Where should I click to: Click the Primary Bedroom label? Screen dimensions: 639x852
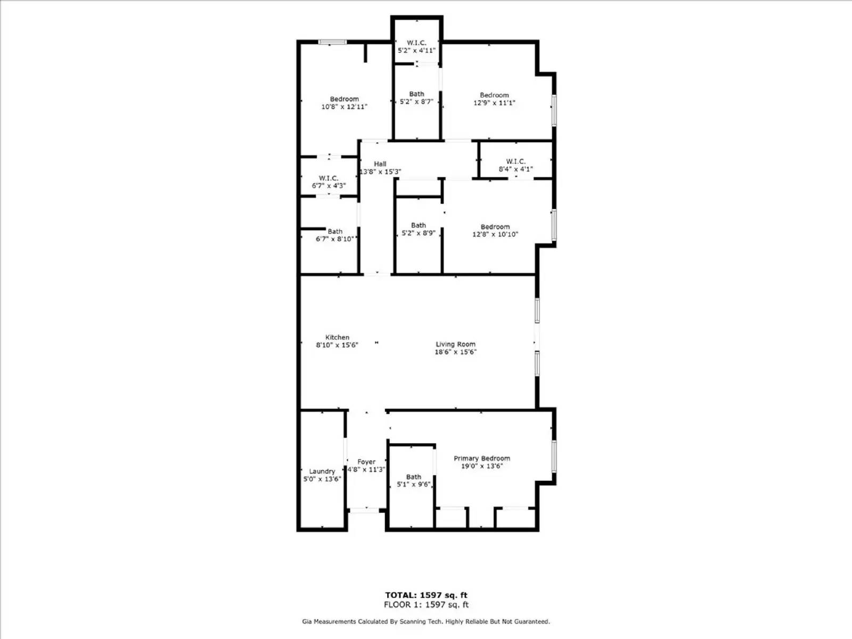pyautogui.click(x=481, y=458)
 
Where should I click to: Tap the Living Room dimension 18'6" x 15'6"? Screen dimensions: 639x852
pyautogui.click(x=455, y=352)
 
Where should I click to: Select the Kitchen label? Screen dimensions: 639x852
pyautogui.click(x=337, y=337)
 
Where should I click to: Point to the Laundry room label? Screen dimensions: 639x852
pyautogui.click(x=322, y=471)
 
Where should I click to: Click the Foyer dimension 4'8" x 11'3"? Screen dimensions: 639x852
pyautogui.click(x=366, y=470)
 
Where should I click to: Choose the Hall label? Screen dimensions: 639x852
pyautogui.click(x=380, y=164)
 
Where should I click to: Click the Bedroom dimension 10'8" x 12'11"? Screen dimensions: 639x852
pyautogui.click(x=344, y=106)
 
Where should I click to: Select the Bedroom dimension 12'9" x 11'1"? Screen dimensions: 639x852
pyautogui.click(x=494, y=103)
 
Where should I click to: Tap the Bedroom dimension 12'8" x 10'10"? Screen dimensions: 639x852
pyautogui.click(x=495, y=234)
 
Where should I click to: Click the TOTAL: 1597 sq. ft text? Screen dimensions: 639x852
pyautogui.click(x=426, y=595)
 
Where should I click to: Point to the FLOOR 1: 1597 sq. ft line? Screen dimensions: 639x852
pyautogui.click(x=426, y=605)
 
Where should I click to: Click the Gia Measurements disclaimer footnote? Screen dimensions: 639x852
pyautogui.click(x=426, y=621)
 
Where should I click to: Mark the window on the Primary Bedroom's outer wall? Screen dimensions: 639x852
pyautogui.click(x=554, y=456)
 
